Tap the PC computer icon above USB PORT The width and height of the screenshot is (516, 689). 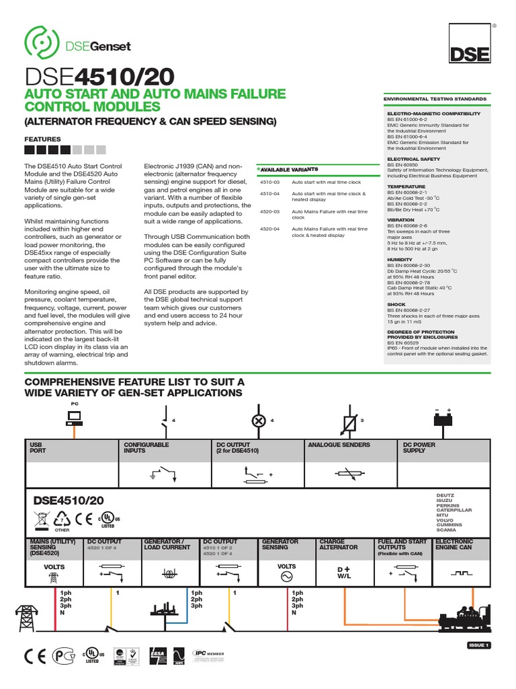[x=75, y=417]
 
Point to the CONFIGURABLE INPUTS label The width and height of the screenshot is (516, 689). [x=146, y=447]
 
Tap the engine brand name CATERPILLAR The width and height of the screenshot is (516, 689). [x=455, y=510]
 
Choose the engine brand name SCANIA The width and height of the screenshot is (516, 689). [x=447, y=529]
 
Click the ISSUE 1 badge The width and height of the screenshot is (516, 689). [x=480, y=645]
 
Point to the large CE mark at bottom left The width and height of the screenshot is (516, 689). [x=35, y=656]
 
